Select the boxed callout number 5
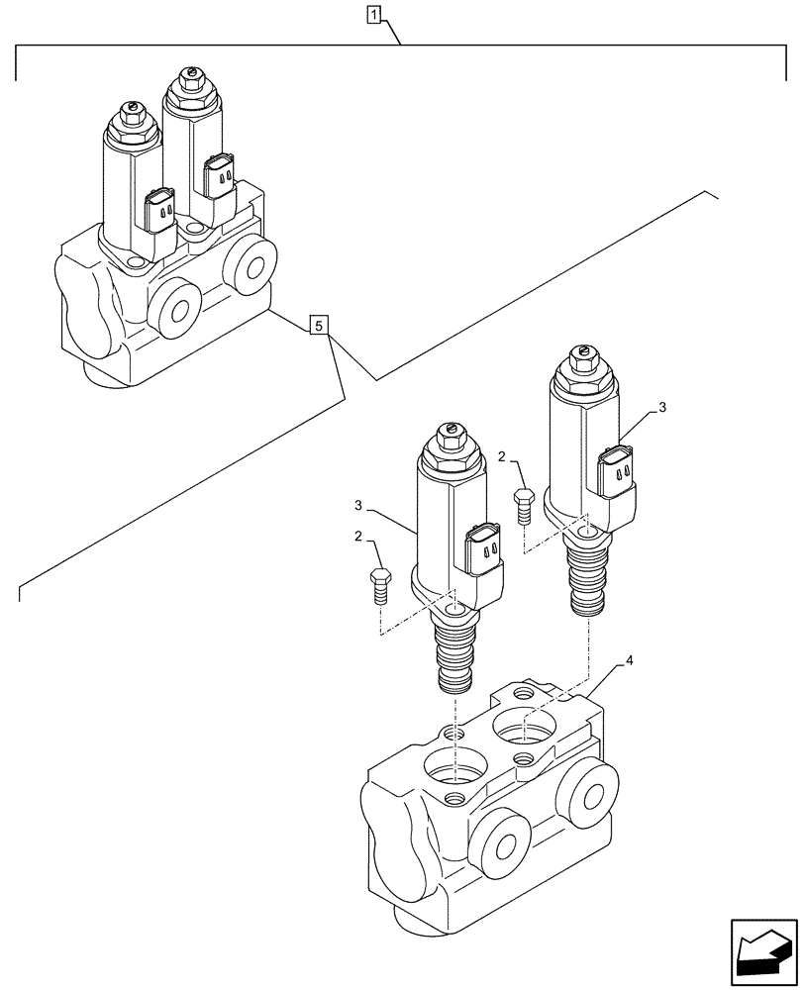[x=317, y=324]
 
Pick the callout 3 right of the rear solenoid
[x=662, y=407]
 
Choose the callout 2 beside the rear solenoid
[x=504, y=457]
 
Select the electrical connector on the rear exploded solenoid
[x=618, y=473]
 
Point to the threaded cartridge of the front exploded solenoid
[x=454, y=658]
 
